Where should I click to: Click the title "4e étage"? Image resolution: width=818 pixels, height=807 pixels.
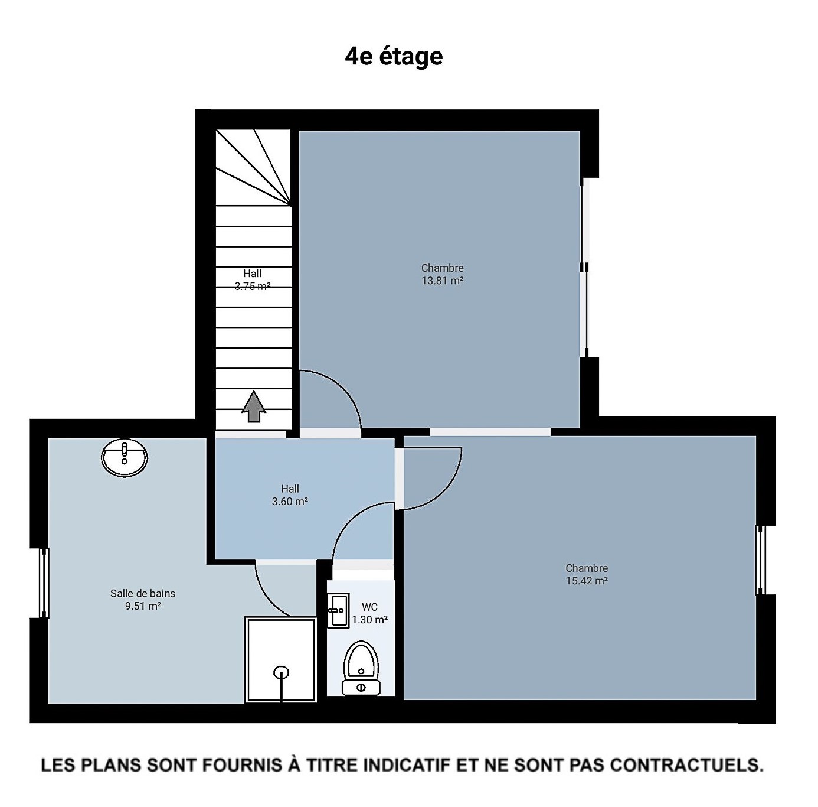[x=394, y=57]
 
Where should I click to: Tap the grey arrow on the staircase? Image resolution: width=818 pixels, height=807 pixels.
[x=254, y=406]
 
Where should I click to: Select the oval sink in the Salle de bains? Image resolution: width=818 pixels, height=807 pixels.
[x=125, y=457]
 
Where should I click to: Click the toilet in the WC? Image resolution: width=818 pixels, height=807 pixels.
[x=361, y=668]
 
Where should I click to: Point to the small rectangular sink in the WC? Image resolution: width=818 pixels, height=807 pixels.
[x=338, y=611]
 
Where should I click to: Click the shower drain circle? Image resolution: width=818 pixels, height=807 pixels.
[x=282, y=672]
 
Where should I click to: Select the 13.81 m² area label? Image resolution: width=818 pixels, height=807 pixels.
[x=442, y=281]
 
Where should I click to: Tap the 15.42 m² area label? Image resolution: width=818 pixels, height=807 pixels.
[x=587, y=581]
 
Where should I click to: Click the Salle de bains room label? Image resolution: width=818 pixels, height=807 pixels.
[x=143, y=593]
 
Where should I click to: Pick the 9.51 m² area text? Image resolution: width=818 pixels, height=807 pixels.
[x=143, y=606]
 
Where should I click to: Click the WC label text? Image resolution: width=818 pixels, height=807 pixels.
[x=369, y=607]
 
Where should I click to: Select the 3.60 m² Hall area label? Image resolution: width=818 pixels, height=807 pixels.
[x=290, y=502]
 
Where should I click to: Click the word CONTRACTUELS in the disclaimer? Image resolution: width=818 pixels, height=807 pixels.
[x=687, y=765]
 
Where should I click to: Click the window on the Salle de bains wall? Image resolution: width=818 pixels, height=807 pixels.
[x=44, y=583]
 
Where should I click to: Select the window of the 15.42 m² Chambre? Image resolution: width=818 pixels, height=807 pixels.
[x=760, y=560]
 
